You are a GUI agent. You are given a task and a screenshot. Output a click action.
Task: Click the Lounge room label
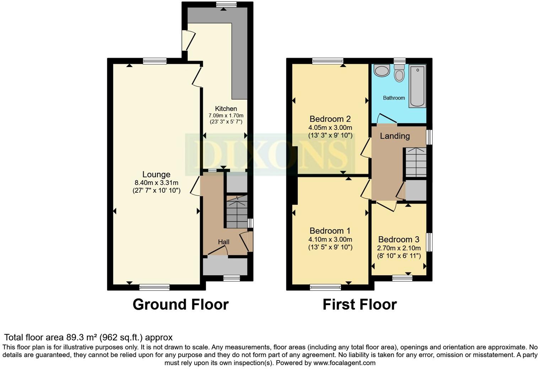click(156, 174)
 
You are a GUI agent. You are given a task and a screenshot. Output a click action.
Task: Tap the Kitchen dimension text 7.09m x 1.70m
click(226, 115)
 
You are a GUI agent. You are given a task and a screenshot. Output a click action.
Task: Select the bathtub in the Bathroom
click(417, 86)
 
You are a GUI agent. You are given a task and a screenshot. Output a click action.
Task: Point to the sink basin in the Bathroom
click(382, 71)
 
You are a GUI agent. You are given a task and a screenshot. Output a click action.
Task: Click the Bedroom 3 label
click(399, 239)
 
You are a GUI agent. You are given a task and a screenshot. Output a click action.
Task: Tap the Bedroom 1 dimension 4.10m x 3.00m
click(330, 239)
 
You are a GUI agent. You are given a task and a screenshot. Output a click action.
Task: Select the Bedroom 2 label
click(330, 119)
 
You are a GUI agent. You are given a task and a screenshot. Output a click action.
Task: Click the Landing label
click(395, 136)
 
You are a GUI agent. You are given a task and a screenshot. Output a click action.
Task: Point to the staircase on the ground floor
click(237, 212)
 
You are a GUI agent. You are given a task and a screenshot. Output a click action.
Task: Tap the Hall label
click(223, 242)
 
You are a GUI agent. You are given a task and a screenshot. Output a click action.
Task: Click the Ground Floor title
click(180, 304)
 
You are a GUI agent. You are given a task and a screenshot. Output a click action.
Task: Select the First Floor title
click(360, 304)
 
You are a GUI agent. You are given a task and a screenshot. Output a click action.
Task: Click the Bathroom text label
click(394, 98)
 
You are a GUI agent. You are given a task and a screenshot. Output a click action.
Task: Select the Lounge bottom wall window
click(154, 287)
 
